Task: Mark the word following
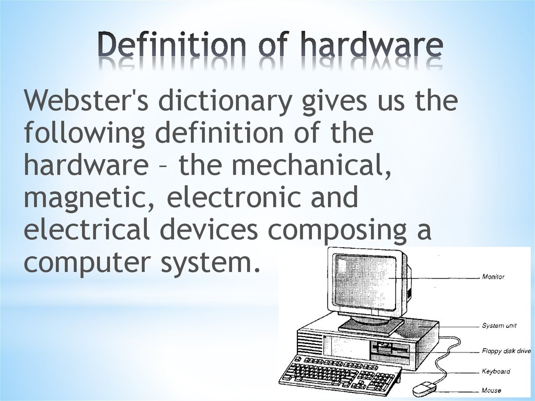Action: pyautogui.click(x=84, y=134)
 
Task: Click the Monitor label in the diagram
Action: pyautogui.click(x=493, y=277)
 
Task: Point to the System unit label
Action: pyautogui.click(x=499, y=325)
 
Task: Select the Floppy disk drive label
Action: pyautogui.click(x=506, y=351)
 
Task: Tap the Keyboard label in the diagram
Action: pyautogui.click(x=495, y=371)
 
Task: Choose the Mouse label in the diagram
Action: pyautogui.click(x=491, y=390)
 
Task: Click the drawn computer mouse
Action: pyautogui.click(x=424, y=388)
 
